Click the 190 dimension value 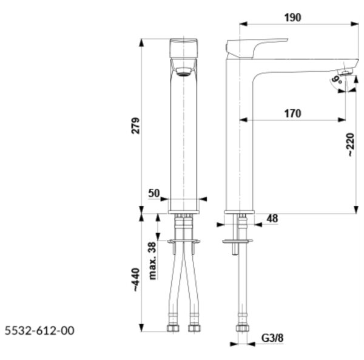point(293,18)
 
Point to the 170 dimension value point(293,114)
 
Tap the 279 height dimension point(136,126)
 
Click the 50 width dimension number point(154,193)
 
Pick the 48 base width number point(272,219)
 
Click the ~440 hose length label point(136,280)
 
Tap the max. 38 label point(152,260)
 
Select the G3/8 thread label point(272,338)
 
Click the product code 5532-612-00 point(39,331)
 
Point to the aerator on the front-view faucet point(183,71)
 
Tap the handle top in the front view point(184,49)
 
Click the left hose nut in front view point(173,328)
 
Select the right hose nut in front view point(194,328)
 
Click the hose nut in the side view point(242,328)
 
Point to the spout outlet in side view point(345,72)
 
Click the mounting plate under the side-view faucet point(237,242)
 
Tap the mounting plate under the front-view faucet point(184,242)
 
